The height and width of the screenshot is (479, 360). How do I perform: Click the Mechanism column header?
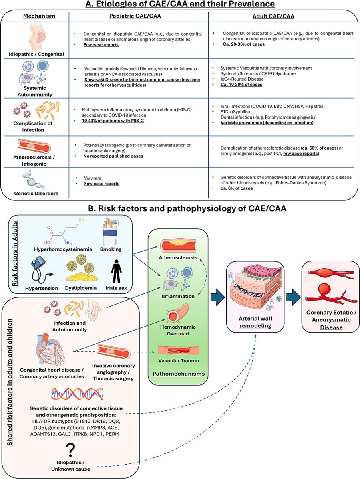coord(39,16)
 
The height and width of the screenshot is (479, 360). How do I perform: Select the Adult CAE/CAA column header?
coord(273,16)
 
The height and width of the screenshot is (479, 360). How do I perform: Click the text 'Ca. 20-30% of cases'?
coord(244,44)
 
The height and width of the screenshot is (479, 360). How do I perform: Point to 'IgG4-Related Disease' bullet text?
coord(242,79)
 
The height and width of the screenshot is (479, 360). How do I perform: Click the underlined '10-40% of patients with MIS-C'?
coord(113,121)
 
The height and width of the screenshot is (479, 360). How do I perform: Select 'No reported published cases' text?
coord(113,156)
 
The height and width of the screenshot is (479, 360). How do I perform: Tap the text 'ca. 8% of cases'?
coord(237,188)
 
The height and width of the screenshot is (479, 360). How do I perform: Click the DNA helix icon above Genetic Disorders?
coord(34,180)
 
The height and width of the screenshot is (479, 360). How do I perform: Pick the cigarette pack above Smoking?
coord(111,232)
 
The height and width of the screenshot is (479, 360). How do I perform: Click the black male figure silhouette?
coord(116,271)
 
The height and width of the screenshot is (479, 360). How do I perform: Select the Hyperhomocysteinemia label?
coord(63,249)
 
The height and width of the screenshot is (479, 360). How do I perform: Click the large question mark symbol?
coord(70,450)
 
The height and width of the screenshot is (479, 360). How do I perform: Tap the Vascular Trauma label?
coord(179,361)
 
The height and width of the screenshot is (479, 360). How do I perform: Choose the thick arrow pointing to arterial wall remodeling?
coord(218,297)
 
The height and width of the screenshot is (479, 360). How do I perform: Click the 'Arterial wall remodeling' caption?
coord(255,322)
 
